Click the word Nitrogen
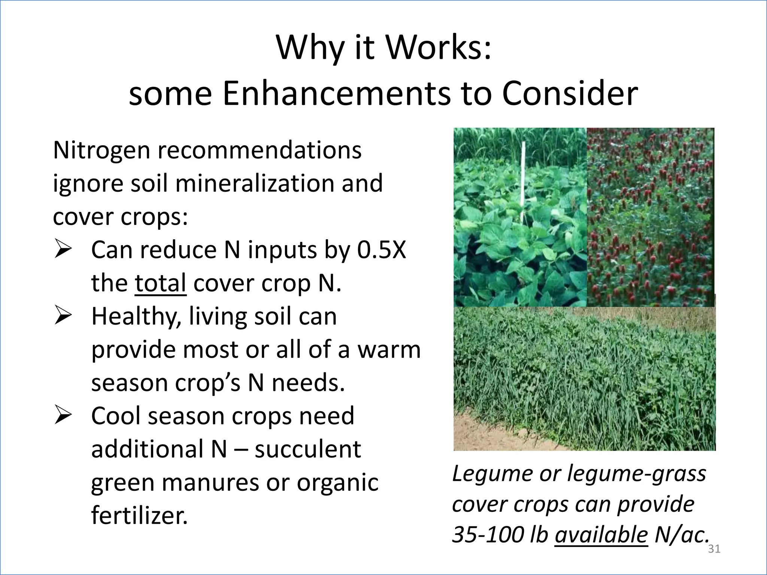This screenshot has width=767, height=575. tap(102, 150)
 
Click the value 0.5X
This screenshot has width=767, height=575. tap(381, 250)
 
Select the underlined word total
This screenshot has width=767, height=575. tap(160, 283)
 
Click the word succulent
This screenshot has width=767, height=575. tap(308, 449)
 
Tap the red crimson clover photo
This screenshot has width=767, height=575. tap(650, 217)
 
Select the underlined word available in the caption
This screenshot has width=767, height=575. tap(601, 535)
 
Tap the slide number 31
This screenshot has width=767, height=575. tap(714, 549)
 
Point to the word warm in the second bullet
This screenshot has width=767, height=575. tap(389, 350)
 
